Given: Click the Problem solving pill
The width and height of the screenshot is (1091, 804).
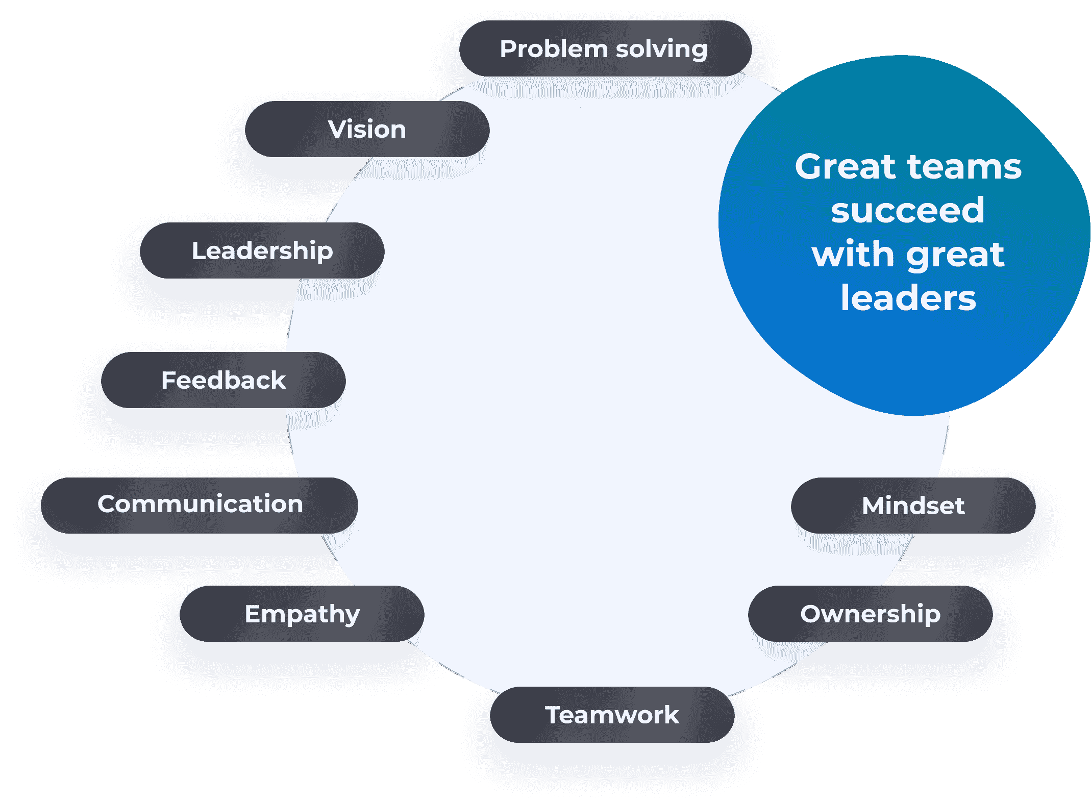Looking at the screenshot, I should pos(605,49).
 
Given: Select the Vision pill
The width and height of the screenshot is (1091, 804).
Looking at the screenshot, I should pos(367,129).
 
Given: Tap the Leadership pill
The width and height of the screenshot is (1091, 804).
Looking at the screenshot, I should pos(262,250).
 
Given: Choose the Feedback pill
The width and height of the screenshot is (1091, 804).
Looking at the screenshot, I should pos(223,380).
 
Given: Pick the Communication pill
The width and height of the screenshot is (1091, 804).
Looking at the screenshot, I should pos(200,505).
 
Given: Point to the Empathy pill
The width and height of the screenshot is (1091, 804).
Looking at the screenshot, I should pos(302,614).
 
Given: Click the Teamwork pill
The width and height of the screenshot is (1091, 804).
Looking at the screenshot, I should pos(612,715).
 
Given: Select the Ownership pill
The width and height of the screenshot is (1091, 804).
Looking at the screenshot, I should pos(870,614).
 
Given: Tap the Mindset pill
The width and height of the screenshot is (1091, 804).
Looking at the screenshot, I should pos(913,506).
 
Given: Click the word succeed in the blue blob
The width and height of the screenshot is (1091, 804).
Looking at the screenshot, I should pos(908,210).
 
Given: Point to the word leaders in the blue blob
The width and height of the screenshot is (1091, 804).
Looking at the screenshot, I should pos(908,298).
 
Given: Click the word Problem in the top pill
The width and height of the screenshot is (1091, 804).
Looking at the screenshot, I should pos(554,49).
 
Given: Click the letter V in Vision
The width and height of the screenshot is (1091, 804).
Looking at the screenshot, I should pos(337,129).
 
